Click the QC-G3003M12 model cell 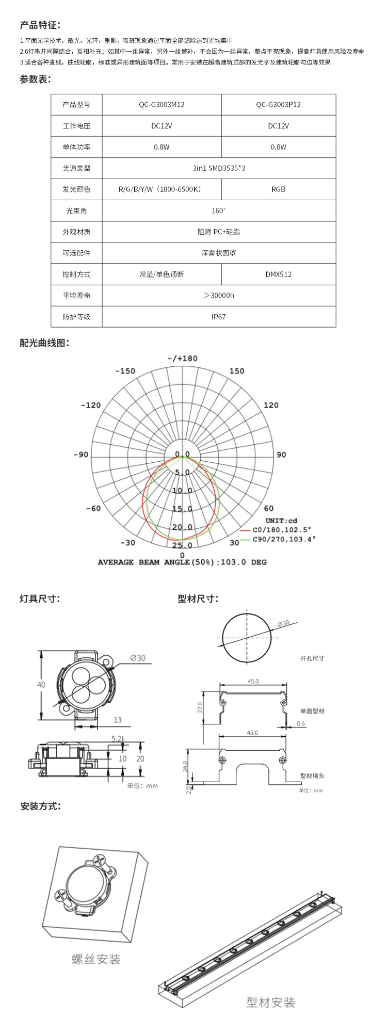pos(162,105)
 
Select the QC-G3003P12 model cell pos(278,105)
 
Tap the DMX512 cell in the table pos(278,274)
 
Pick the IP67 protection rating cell pos(219,317)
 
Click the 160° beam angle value pos(219,211)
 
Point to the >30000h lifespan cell pos(219,296)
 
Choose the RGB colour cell pos(278,189)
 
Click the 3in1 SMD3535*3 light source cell pos(219,168)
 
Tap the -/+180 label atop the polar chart pos(182,359)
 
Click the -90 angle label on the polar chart pos(80,455)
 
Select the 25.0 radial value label pos(182,545)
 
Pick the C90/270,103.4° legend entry pos(283,539)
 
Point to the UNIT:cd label pos(281,521)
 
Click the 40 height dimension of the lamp pos(41,685)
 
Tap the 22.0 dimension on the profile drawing pos(200,706)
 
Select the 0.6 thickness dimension pos(301,724)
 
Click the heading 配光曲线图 pos(44,343)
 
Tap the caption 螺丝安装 pos(96,960)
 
